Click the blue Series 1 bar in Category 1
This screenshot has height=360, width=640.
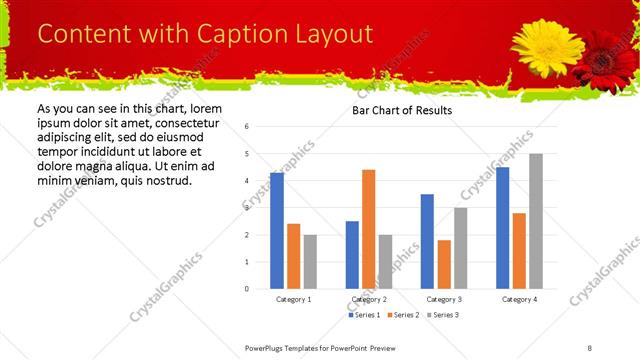277,230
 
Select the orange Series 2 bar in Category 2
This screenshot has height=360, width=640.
369,229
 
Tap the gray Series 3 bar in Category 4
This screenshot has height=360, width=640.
536,221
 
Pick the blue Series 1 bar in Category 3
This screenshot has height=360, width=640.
427,241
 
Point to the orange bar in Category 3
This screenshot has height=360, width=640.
444,264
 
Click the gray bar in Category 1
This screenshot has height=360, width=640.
310,261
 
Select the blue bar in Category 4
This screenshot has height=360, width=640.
503,227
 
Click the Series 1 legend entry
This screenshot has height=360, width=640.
365,316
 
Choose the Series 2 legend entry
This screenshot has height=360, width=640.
403,316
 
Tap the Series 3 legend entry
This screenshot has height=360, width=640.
441,316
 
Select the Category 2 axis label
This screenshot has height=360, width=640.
369,299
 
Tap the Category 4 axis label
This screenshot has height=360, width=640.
519,299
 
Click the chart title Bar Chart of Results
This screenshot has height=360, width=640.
402,110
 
